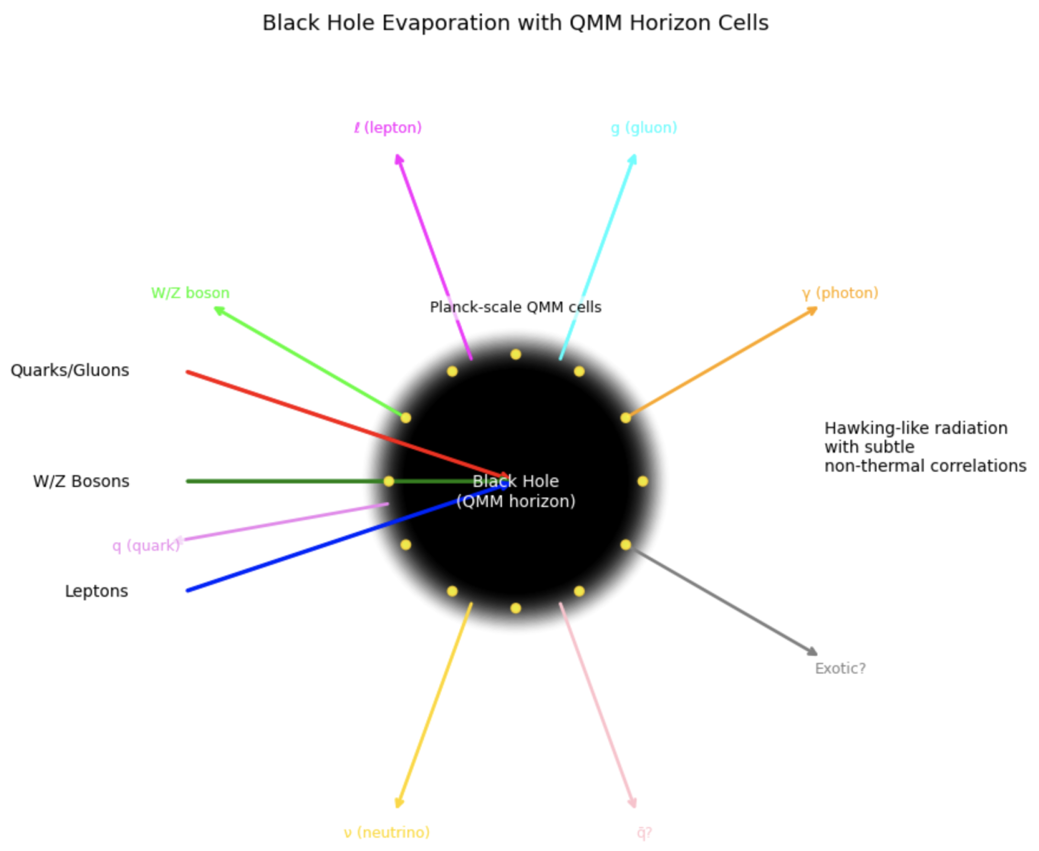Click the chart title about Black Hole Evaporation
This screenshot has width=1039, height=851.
[515, 23]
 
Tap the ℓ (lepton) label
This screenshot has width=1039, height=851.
[388, 128]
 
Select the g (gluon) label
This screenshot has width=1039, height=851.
[644, 128]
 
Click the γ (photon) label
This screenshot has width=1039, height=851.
[840, 293]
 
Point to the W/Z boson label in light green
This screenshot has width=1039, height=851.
[190, 293]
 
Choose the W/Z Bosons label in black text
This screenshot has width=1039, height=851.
[81, 481]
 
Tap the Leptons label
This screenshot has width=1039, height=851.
[97, 591]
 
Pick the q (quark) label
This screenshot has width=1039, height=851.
[146, 546]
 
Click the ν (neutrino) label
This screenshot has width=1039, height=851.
[387, 832]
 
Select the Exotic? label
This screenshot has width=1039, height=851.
[840, 669]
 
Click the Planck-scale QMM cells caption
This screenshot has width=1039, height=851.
[515, 308]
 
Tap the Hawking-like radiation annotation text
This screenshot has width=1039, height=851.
[925, 447]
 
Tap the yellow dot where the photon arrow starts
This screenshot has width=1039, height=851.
[626, 418]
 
